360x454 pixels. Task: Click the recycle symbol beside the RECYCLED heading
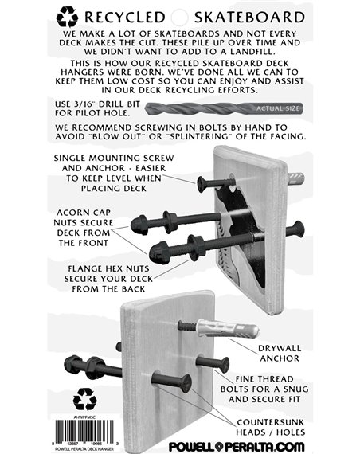67,15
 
